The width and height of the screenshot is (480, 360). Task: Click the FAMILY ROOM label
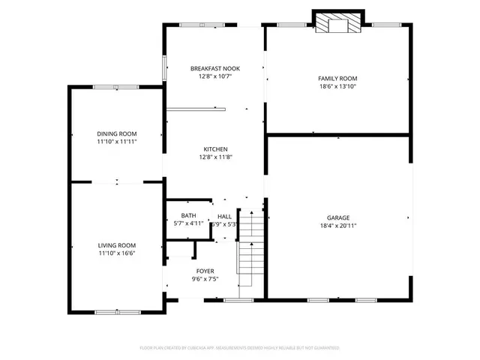pyautogui.click(x=337, y=78)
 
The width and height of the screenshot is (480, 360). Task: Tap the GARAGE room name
pyautogui.click(x=337, y=217)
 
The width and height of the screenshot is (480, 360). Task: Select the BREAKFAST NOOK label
pyautogui.click(x=214, y=68)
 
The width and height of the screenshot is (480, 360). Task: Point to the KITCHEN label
pyautogui.click(x=214, y=149)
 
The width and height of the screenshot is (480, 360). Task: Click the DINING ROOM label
pyautogui.click(x=116, y=133)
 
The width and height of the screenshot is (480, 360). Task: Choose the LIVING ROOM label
pyautogui.click(x=116, y=245)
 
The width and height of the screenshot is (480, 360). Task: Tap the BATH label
pyautogui.click(x=187, y=215)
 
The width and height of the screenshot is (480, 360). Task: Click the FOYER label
pyautogui.click(x=205, y=271)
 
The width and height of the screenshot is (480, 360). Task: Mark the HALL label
pyautogui.click(x=225, y=216)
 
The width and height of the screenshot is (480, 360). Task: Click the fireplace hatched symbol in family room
pyautogui.click(x=337, y=25)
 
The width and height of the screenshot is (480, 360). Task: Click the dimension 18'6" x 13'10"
pyautogui.click(x=337, y=86)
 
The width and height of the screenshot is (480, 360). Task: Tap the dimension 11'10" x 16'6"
pyautogui.click(x=116, y=253)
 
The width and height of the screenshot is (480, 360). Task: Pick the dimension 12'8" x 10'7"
pyautogui.click(x=214, y=76)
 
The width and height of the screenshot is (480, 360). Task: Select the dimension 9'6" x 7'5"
pyautogui.click(x=205, y=279)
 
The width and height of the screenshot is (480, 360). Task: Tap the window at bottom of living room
pyautogui.click(x=117, y=310)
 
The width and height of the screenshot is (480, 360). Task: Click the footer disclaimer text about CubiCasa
pyautogui.click(x=240, y=348)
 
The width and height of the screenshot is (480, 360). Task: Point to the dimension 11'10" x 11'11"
pyautogui.click(x=116, y=142)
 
